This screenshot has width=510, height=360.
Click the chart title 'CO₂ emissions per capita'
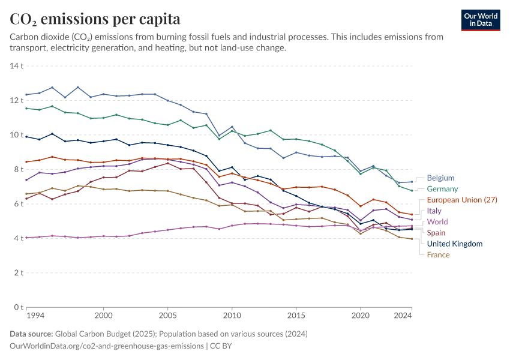95,19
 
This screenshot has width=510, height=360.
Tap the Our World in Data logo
481,20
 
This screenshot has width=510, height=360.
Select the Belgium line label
440,178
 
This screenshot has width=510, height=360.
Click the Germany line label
442,189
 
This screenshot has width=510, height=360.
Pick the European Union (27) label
462,200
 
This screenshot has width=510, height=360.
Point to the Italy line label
434,211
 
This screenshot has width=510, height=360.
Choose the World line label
437,222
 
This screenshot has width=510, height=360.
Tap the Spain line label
436,233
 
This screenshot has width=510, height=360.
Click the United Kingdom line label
455,244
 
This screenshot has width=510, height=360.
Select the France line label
438,255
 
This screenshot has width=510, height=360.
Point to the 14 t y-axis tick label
17,65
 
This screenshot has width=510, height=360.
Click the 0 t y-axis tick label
19,307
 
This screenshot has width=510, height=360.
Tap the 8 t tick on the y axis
19,169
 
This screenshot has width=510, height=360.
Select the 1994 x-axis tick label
35,316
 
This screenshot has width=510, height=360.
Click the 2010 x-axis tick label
232,316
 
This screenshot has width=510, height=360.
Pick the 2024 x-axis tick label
403,316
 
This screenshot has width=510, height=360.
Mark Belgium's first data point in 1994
26,95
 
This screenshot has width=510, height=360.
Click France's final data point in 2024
412,239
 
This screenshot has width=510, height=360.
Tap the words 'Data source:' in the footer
31,334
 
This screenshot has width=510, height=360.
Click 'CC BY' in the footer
221,346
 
